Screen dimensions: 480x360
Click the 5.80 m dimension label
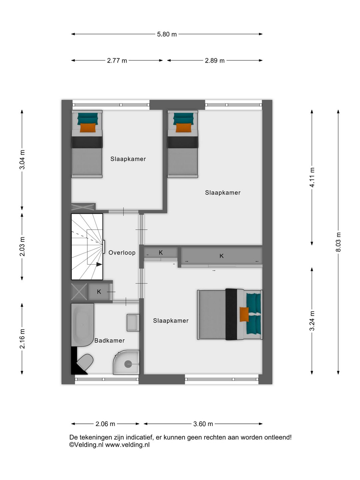click(167, 34)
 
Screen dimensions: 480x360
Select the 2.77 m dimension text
click(117, 61)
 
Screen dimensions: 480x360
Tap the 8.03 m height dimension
click(338, 242)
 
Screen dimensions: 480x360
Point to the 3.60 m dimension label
click(203, 424)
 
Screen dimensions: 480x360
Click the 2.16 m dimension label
click(22, 339)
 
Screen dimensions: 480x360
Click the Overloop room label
click(122, 253)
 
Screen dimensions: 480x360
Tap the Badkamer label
click(109, 341)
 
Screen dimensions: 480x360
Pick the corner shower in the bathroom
click(127, 363)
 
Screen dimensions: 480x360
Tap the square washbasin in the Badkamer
click(133, 322)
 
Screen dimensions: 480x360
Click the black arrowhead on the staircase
click(99, 264)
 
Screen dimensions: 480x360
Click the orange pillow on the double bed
click(244, 314)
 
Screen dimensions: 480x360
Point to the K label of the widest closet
click(221, 256)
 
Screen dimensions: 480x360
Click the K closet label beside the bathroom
click(99, 292)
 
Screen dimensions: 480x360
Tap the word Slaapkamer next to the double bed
click(171, 321)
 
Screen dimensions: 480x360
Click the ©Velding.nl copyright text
click(86, 445)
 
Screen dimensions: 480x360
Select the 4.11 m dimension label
click(312, 177)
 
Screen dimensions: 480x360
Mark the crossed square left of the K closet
click(79, 292)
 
